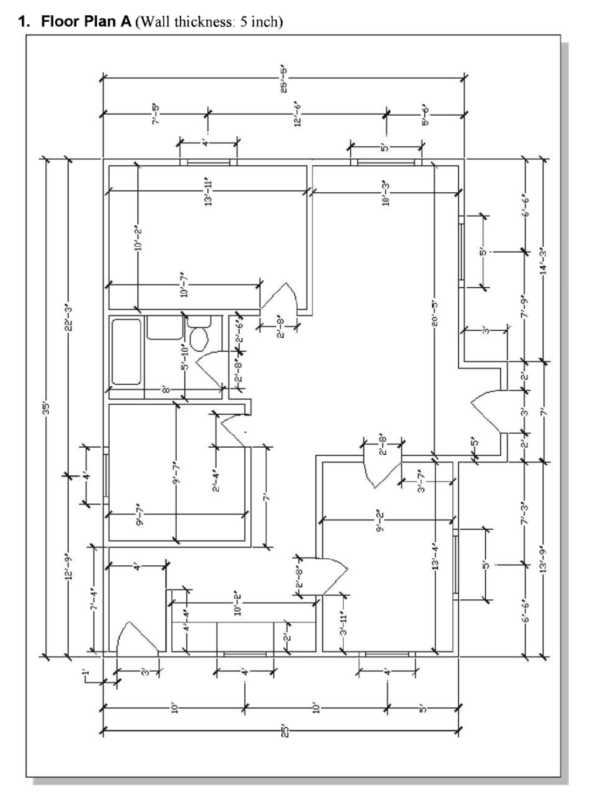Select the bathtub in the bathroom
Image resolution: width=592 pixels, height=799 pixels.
click(126, 351)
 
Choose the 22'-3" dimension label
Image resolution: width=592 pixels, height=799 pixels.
click(68, 317)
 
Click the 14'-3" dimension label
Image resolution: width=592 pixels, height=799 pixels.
click(543, 259)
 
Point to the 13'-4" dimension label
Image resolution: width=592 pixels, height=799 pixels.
click(434, 555)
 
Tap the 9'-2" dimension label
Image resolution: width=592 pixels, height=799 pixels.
click(381, 521)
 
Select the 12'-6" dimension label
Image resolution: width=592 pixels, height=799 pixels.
click(298, 115)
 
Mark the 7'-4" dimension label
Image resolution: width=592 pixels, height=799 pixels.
click(93, 599)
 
